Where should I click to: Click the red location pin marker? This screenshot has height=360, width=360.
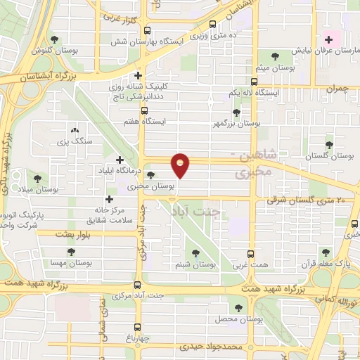click(x=181, y=166)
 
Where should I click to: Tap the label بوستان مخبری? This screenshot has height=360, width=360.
click(x=151, y=188)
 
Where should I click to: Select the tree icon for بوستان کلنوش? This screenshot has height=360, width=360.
click(x=56, y=40)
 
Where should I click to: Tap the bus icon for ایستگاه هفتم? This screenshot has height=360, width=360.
click(x=144, y=110)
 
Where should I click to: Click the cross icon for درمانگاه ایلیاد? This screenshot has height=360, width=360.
click(x=120, y=160)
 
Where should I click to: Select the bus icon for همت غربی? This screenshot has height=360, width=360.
click(x=252, y=254)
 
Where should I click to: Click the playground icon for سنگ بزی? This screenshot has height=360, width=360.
click(x=75, y=130)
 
